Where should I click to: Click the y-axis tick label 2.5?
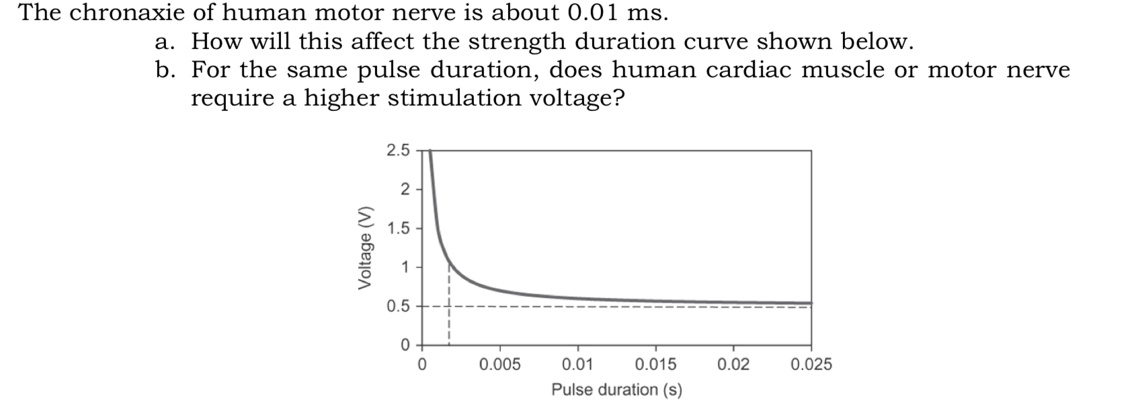coord(397,150)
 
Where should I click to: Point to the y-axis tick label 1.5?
coord(397,228)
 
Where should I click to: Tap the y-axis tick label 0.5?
coord(397,307)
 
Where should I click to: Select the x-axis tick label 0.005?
coord(499,365)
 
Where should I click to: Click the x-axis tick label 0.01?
coord(577,365)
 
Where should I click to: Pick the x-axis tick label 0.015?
coord(655,365)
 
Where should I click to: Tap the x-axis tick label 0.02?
coord(733,365)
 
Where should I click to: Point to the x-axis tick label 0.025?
coord(811,365)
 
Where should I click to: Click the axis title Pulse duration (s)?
coord(616,390)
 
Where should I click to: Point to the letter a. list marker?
coord(163,42)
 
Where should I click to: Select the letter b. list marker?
coord(164,70)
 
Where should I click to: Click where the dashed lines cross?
coord(448,307)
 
